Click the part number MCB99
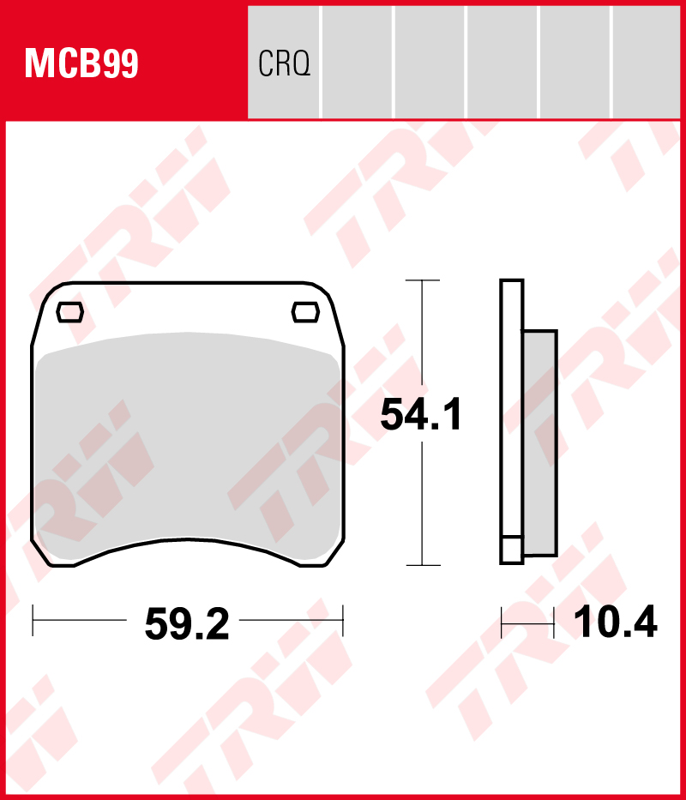[81, 63]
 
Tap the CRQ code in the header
[284, 64]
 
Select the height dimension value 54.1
[421, 416]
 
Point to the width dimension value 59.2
[187, 625]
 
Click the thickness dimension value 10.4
[615, 623]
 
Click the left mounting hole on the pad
[69, 312]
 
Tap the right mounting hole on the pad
[304, 312]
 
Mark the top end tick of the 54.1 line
[422, 280]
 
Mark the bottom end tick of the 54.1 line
[422, 565]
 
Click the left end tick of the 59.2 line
[33, 619]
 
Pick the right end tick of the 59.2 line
[342, 619]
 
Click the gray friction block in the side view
[539, 442]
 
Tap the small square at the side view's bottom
[511, 550]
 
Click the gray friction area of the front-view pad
[187, 437]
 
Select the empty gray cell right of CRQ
[358, 63]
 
